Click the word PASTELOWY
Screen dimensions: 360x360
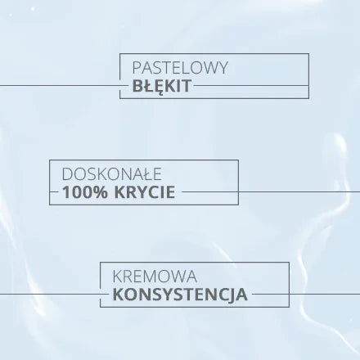click(x=180, y=68)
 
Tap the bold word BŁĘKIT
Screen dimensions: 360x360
click(x=162, y=87)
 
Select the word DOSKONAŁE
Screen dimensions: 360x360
click(x=112, y=174)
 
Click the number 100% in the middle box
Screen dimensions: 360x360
click(x=85, y=192)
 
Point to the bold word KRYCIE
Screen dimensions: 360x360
click(x=145, y=192)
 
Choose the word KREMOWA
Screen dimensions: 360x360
click(x=155, y=277)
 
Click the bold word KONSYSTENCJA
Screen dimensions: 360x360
click(x=180, y=295)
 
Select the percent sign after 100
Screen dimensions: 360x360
click(x=101, y=192)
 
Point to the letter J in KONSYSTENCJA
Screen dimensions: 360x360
click(x=232, y=295)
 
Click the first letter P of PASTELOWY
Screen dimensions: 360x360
click(x=137, y=68)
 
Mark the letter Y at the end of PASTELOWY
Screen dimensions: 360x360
click(x=223, y=68)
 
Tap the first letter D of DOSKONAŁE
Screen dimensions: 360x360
click(x=67, y=174)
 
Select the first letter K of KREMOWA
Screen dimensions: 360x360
click(x=117, y=277)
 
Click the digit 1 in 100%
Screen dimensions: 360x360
click(x=65, y=192)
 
